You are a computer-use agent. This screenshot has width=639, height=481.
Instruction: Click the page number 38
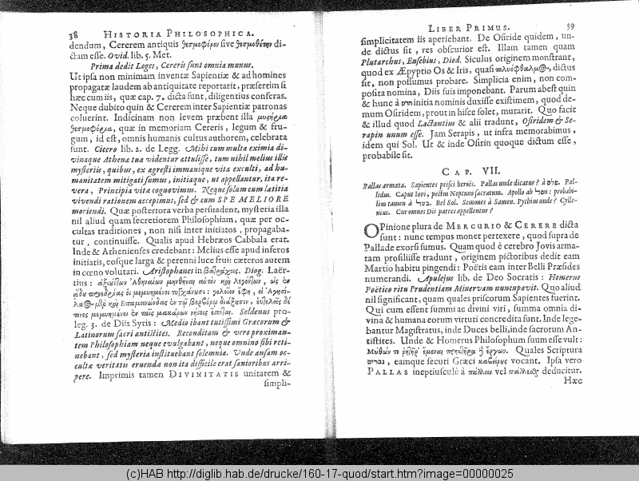click(x=73, y=34)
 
